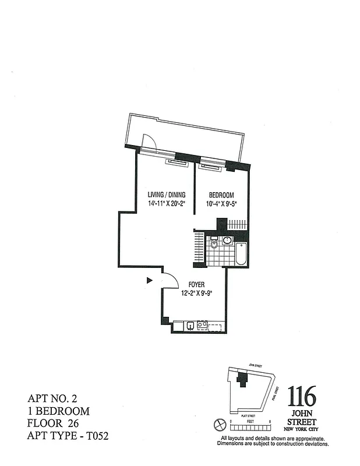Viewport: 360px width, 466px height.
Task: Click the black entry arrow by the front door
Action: (x=150, y=280)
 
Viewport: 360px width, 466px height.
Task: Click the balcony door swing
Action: (x=149, y=140)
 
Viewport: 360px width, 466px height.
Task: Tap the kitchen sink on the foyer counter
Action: (x=190, y=325)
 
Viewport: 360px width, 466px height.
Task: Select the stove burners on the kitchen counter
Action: (x=202, y=325)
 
